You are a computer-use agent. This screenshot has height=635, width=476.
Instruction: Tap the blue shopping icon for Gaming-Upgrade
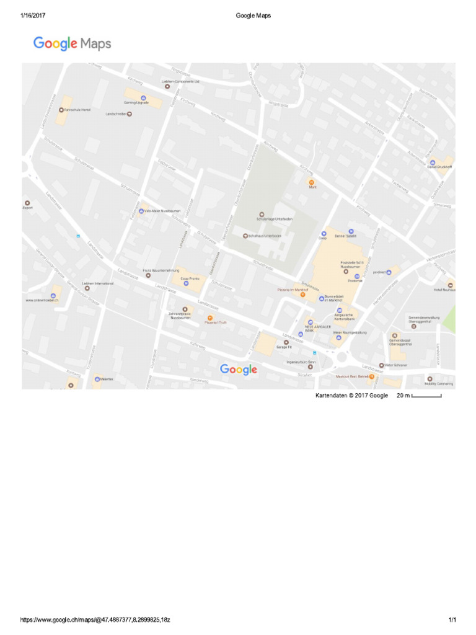point(144,98)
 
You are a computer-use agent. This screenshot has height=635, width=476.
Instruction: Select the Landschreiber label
point(117,113)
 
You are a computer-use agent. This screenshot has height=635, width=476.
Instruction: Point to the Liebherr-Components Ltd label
point(180,81)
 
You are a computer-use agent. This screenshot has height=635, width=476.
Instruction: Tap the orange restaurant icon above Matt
point(312,182)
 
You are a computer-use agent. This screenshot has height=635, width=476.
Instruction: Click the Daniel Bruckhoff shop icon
point(432,162)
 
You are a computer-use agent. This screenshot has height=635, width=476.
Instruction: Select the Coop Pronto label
point(190,278)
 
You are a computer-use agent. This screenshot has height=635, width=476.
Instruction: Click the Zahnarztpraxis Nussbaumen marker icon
point(184,309)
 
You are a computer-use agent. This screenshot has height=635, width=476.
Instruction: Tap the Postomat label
point(355,280)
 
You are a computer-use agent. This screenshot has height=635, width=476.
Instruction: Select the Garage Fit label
point(284,347)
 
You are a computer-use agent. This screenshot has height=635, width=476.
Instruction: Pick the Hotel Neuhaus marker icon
point(451,285)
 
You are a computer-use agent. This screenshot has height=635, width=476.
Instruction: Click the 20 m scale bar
point(426,396)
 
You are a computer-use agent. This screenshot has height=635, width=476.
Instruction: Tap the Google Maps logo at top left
point(72,43)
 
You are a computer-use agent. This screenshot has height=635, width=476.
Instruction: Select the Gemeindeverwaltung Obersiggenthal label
point(424,319)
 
